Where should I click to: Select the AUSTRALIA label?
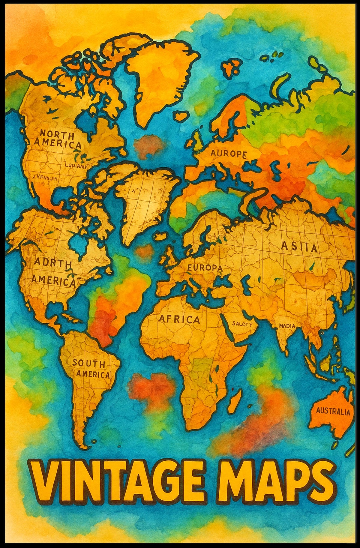[333, 412]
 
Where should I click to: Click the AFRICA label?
[179, 319]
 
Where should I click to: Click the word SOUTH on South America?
[89, 364]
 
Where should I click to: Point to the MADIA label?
[287, 326]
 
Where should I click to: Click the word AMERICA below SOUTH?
[93, 374]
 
